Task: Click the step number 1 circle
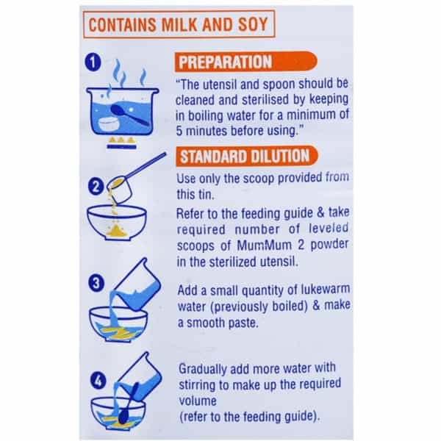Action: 93,62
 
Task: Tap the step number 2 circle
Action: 96,187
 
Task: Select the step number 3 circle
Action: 96,283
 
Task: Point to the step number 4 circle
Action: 98,381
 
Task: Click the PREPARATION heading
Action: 226,62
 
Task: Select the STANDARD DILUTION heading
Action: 245,156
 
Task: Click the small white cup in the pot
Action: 109,125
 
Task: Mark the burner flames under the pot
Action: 121,140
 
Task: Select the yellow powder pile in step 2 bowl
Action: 116,231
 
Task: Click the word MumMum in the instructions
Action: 264,245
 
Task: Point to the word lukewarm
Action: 326,289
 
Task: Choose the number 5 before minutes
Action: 179,132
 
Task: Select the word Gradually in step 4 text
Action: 203,369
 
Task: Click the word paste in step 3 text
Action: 243,323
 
